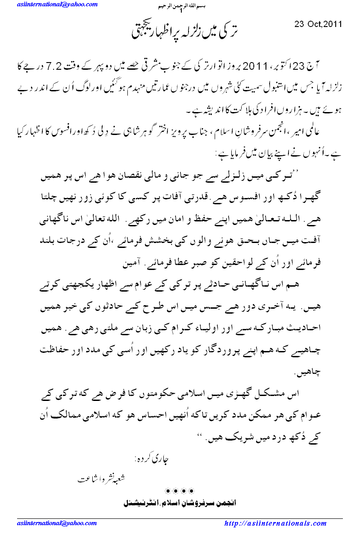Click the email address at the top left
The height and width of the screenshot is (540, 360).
coord(57,4)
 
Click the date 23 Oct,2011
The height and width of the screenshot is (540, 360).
coord(318,24)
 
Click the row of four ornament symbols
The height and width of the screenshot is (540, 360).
coord(180,490)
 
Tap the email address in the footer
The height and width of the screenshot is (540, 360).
coord(57,523)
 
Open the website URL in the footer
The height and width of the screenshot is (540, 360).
coord(275,523)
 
